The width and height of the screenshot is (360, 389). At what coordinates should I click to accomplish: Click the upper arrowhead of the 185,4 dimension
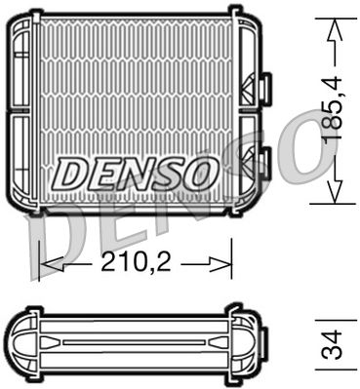[x=335, y=28]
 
